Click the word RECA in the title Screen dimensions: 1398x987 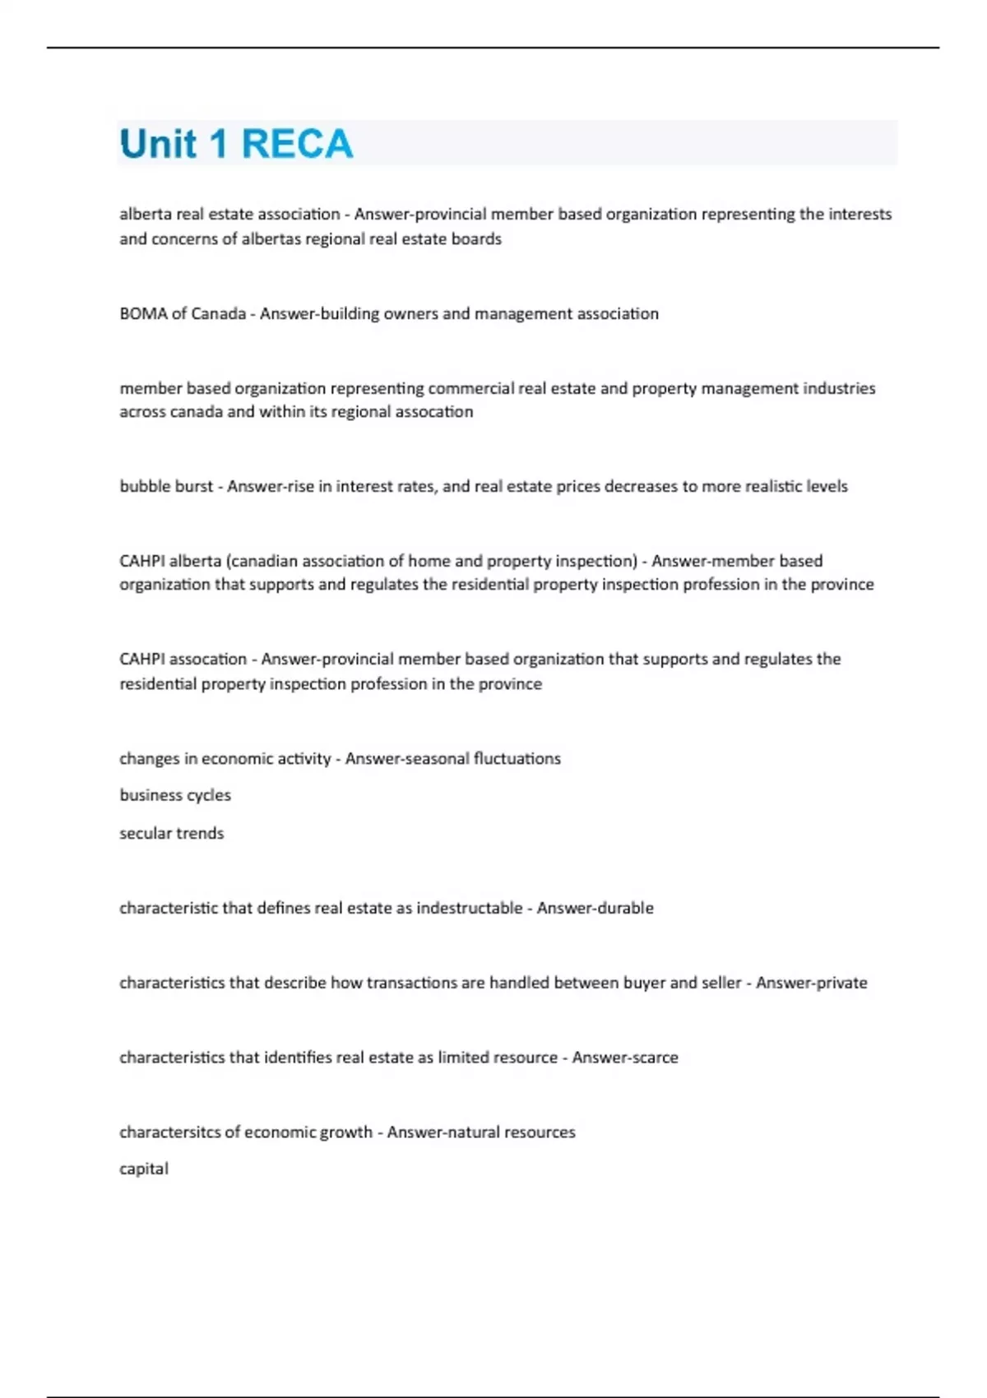(x=297, y=145)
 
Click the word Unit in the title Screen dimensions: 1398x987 (x=159, y=145)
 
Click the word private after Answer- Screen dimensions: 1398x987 (x=839, y=983)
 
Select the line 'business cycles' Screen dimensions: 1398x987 (x=175, y=795)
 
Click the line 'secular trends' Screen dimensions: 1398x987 (x=171, y=833)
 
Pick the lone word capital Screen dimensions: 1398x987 (x=144, y=1169)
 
